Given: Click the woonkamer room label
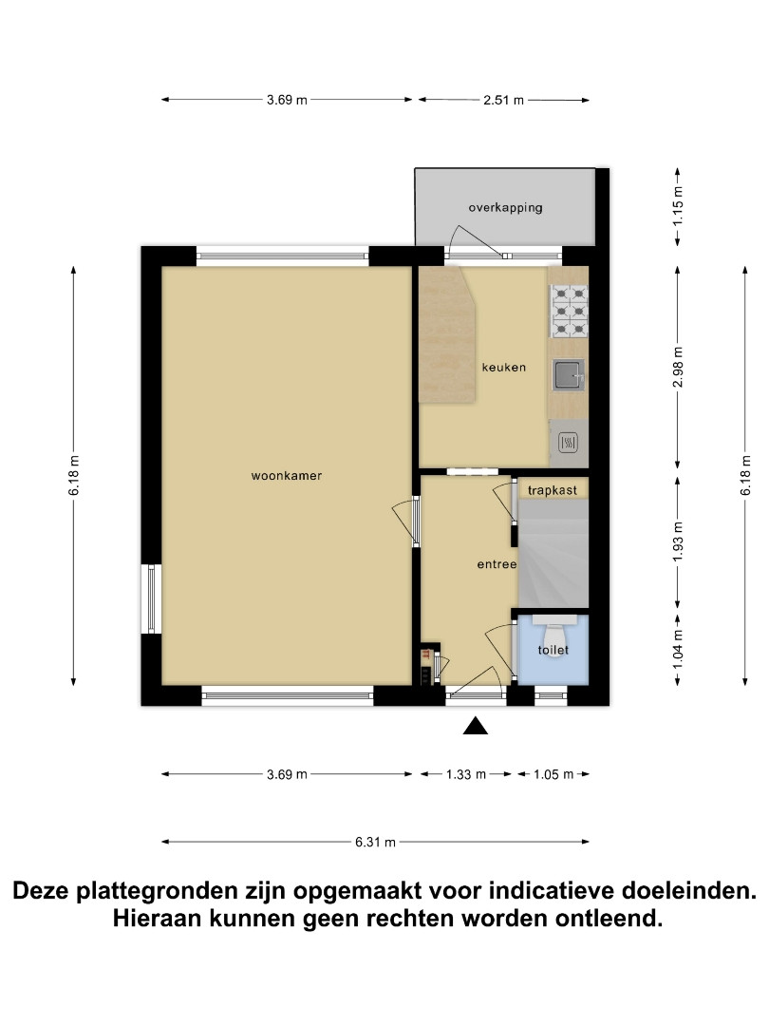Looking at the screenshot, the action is (x=287, y=476).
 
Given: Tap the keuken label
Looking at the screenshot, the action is (x=503, y=367).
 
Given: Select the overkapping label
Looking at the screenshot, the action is (x=505, y=207).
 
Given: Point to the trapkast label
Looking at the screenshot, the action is (x=552, y=490).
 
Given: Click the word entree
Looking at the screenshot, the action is (x=497, y=564).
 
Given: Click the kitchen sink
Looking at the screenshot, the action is (x=569, y=375).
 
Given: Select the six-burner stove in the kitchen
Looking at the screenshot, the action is (x=569, y=312).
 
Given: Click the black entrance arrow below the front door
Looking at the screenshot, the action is (x=476, y=726).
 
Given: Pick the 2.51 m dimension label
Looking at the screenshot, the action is (x=503, y=100).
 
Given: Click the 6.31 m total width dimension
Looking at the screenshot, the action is (x=375, y=842).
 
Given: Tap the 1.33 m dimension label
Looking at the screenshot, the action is (x=466, y=775).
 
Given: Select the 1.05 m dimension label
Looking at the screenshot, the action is (x=553, y=775).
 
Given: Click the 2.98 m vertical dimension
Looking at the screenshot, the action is (x=678, y=367).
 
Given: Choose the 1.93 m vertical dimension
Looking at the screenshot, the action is (x=678, y=541).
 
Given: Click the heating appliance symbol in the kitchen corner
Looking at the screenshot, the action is (x=569, y=443).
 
